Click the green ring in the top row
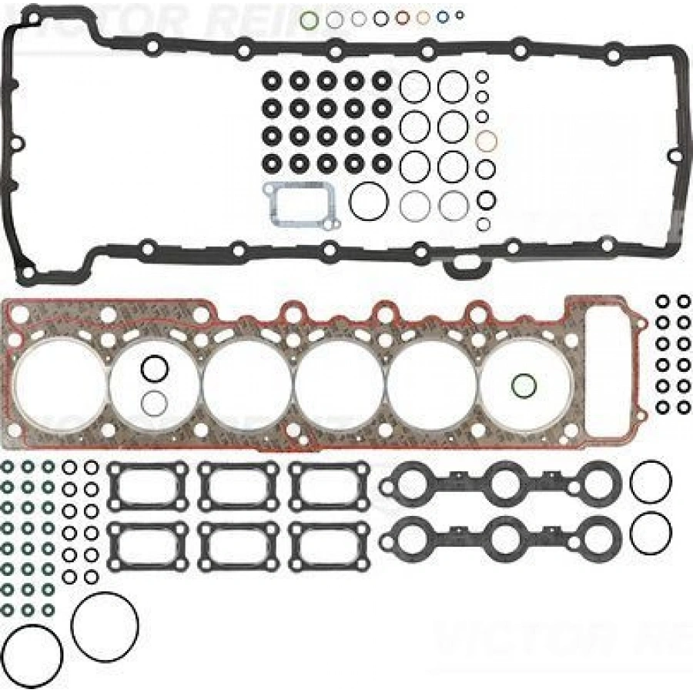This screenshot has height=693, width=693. point(310,18)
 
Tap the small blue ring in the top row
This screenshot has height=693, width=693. point(443,17)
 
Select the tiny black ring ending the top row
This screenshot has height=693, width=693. point(460,15)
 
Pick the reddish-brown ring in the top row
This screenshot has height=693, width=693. point(402,18)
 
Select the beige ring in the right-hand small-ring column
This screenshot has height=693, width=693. point(486,142)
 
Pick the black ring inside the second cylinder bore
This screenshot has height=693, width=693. point(155,369)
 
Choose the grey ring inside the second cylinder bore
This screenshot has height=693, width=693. point(155,402)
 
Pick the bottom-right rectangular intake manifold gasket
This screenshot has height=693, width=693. point(330,544)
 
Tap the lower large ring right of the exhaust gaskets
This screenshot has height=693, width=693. point(650,532)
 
